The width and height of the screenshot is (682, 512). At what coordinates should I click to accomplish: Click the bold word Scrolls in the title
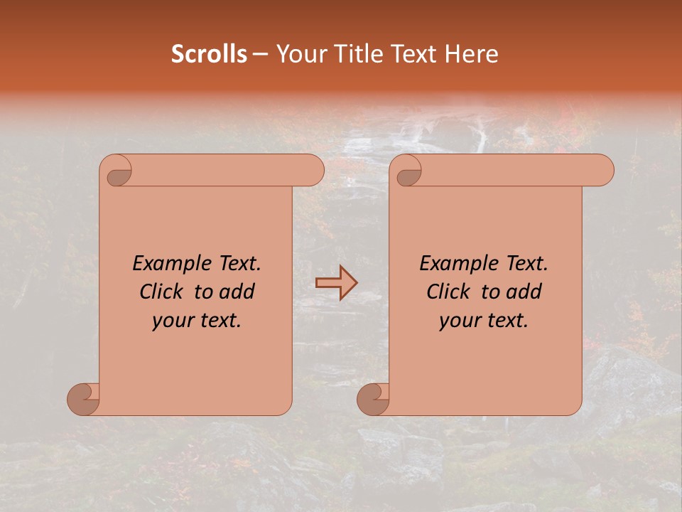[209, 54]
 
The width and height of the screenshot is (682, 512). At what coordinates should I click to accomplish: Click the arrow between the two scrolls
[336, 283]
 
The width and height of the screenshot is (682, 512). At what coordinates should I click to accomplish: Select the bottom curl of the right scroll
[374, 398]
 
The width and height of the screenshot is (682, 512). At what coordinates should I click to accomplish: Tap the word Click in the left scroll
[162, 292]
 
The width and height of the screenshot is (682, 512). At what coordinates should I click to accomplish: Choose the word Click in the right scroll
[449, 292]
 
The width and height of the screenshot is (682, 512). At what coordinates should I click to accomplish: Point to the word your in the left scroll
[172, 321]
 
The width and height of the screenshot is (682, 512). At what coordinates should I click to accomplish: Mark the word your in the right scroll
[459, 321]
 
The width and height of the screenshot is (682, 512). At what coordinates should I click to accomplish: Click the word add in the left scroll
[237, 292]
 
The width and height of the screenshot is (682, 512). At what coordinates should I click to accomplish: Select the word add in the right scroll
[524, 292]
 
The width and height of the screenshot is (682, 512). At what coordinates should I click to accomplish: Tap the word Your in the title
[296, 54]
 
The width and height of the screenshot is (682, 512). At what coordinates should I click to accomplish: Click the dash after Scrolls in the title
[260, 54]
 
